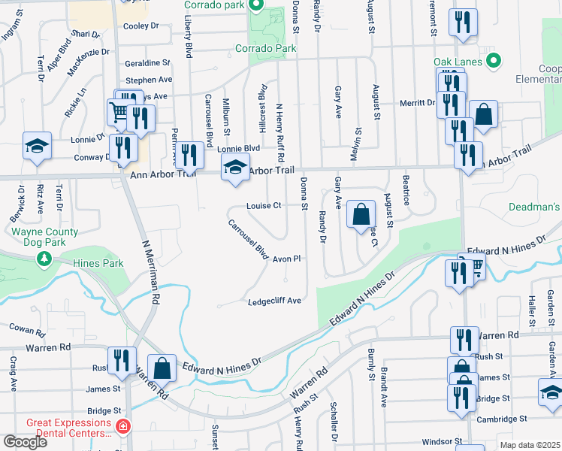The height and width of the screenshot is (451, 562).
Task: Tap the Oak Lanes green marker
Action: [x=494, y=61]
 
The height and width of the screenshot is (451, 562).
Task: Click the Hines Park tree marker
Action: [x=44, y=259]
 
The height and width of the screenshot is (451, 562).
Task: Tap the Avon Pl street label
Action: [x=286, y=259]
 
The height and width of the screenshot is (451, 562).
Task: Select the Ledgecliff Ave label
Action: [x=274, y=301]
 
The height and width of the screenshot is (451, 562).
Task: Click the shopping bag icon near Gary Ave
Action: [x=361, y=214]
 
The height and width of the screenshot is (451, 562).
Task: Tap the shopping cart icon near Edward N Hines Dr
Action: [x=473, y=265]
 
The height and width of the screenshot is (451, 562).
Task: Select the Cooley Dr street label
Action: [x=141, y=26]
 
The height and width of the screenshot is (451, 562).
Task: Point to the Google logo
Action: [x=25, y=442]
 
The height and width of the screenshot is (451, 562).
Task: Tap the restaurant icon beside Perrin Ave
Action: [x=191, y=156]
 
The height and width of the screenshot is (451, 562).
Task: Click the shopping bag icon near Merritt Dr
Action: [x=484, y=115]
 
